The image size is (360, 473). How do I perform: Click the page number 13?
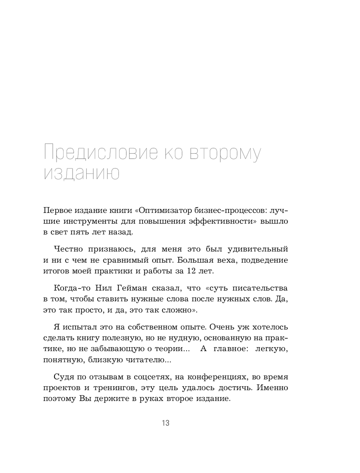166,423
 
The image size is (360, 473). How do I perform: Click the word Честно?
69,249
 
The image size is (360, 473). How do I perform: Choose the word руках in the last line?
141,399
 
